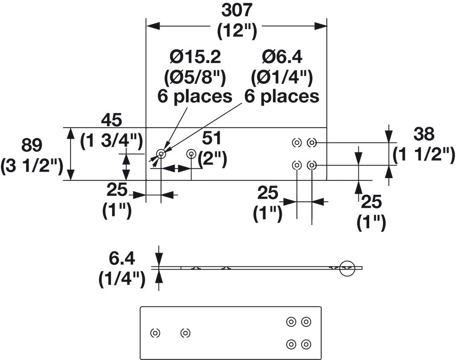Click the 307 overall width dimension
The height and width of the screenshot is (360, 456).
(x=236, y=11)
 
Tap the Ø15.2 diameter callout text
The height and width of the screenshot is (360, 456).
(x=195, y=57)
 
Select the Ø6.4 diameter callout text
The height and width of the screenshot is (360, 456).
(x=282, y=57)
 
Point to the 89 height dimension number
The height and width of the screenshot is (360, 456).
(x=32, y=145)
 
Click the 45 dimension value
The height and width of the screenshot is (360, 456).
(x=112, y=120)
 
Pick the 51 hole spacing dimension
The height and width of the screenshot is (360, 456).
(x=212, y=138)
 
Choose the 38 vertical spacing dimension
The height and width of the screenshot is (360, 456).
(x=424, y=134)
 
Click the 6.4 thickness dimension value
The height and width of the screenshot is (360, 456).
(x=122, y=259)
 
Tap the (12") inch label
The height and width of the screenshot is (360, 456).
(x=237, y=31)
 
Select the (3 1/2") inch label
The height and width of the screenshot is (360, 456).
(x=32, y=167)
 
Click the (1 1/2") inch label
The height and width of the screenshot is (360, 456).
(x=424, y=155)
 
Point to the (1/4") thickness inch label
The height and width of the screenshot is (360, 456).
(x=122, y=280)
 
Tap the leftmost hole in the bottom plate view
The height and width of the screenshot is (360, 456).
(x=155, y=333)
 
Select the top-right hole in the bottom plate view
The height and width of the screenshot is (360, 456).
(x=306, y=322)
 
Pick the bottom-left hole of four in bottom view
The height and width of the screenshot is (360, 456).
(x=291, y=344)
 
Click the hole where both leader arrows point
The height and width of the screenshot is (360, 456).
(x=161, y=154)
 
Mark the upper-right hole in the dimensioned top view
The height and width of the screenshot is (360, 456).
(x=312, y=143)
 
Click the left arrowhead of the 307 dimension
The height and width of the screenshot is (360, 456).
(x=153, y=26)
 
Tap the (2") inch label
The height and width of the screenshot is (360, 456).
(x=212, y=159)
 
